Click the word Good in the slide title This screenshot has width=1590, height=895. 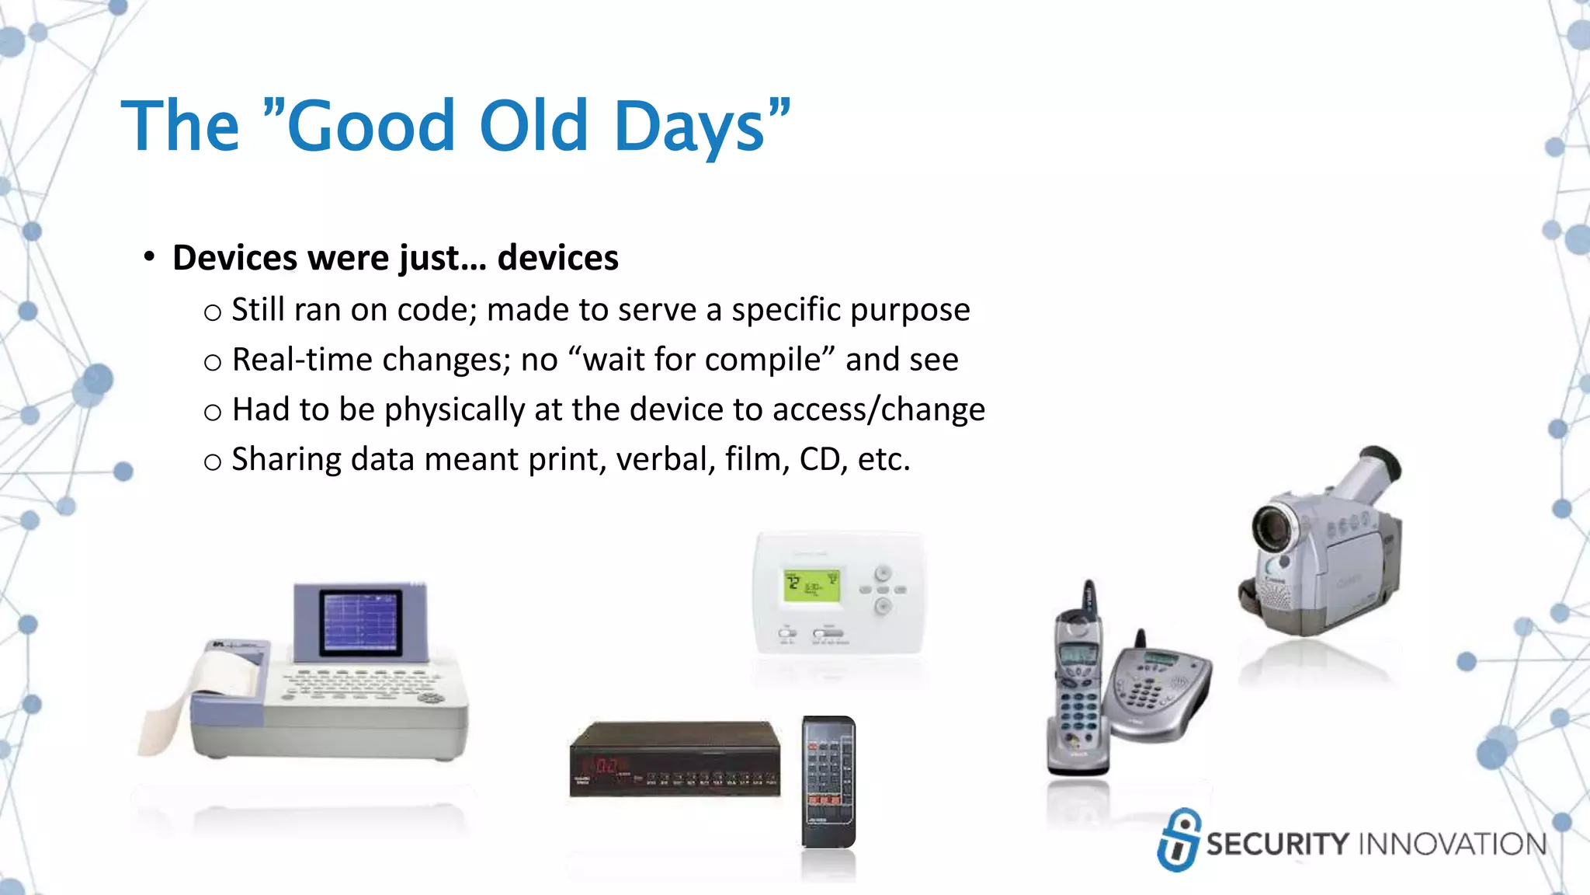(370, 126)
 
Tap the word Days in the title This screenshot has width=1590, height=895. (689, 126)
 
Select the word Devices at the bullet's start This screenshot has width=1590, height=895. (234, 258)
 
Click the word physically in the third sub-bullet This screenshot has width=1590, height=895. (455, 410)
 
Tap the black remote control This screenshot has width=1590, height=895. (828, 782)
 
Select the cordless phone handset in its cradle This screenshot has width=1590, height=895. (1078, 684)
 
